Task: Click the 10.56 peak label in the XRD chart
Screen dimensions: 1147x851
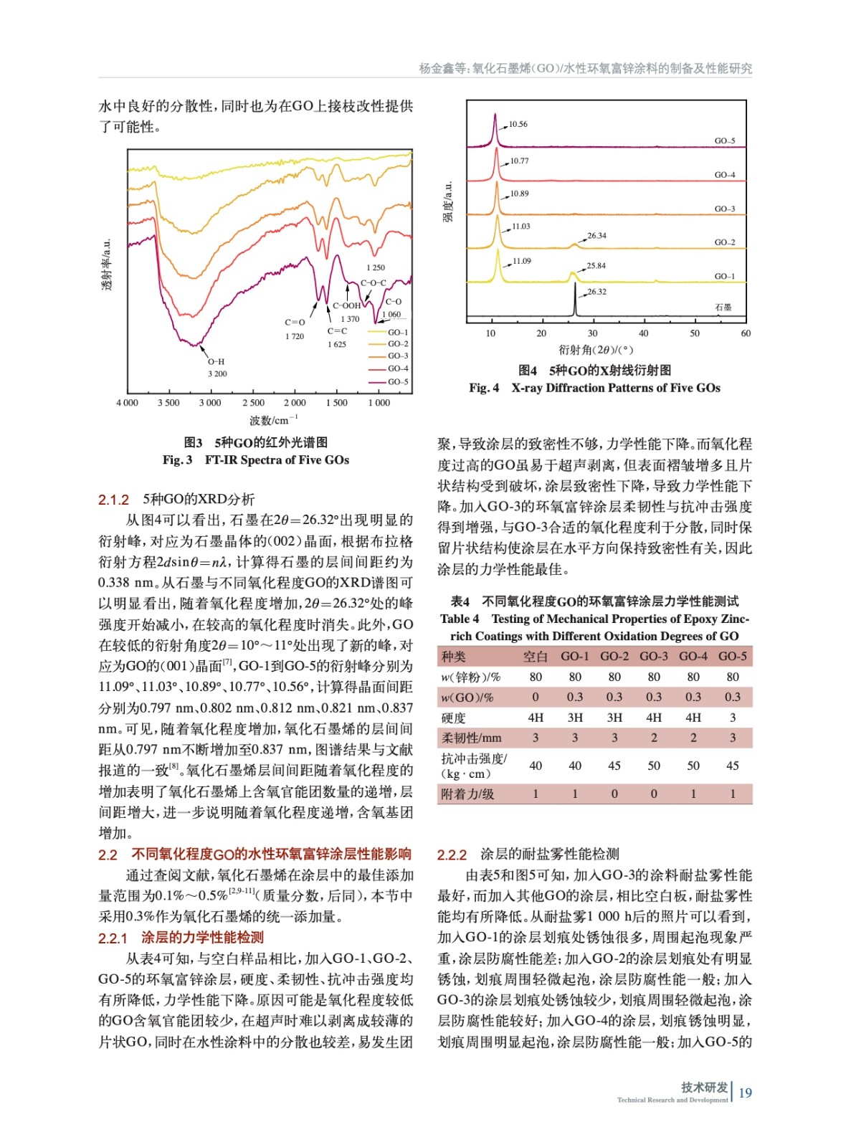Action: [x=518, y=125]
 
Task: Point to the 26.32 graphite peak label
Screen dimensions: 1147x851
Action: [x=597, y=292]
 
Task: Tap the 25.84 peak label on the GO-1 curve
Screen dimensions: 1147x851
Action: [x=596, y=266]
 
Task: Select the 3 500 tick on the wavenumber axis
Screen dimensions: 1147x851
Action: [x=168, y=403]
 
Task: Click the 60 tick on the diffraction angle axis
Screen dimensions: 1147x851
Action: [x=746, y=333]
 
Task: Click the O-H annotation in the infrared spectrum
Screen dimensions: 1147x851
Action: [x=217, y=362]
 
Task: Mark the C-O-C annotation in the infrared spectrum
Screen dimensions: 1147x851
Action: [x=373, y=283]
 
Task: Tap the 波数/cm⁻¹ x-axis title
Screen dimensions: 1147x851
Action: [x=273, y=420]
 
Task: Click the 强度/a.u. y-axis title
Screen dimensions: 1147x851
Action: [x=449, y=202]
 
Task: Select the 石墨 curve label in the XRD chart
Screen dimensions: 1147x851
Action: [x=723, y=308]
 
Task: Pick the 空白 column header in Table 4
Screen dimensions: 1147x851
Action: [x=535, y=657]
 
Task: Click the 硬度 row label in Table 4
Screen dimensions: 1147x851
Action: [x=454, y=718]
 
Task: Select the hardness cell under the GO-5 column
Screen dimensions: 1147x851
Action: [x=733, y=718]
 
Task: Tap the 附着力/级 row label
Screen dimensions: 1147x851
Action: [x=467, y=794]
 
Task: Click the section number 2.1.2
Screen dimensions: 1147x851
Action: [x=113, y=500]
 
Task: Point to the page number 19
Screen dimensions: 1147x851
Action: [x=746, y=1093]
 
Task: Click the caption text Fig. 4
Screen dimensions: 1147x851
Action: [x=484, y=389]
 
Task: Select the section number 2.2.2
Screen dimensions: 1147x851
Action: [x=452, y=855]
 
